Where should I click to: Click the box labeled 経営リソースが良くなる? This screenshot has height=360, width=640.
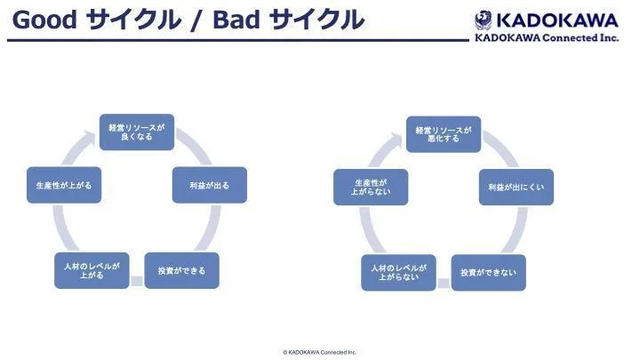tap(136, 132)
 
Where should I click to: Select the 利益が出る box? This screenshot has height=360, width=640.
tap(210, 185)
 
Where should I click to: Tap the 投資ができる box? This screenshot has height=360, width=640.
tap(181, 270)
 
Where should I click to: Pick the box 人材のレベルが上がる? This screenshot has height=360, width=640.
tap(92, 270)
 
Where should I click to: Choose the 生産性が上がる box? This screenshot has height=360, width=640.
tap(63, 185)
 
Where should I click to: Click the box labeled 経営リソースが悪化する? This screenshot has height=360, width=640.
tap(444, 134)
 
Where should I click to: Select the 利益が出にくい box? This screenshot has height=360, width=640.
tap(516, 188)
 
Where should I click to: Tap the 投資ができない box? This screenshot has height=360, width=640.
tap(488, 272)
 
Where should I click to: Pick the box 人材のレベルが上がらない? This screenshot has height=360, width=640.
tap(398, 272)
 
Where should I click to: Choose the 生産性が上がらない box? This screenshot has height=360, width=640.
tap(371, 187)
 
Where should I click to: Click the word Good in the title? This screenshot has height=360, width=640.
tap(44, 20)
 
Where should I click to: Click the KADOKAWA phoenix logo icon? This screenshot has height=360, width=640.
tap(484, 19)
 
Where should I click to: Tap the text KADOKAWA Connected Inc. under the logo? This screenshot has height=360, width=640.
tap(547, 37)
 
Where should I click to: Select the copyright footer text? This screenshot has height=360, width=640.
tap(319, 352)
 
